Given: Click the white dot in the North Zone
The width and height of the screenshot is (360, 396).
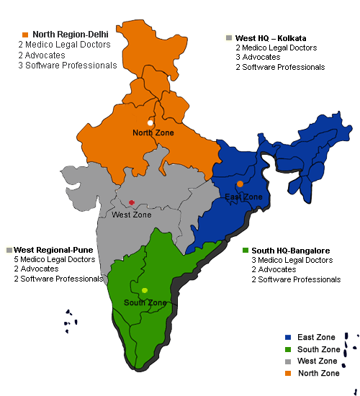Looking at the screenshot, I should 150,123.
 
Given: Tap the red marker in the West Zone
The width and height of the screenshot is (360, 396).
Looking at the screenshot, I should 131,202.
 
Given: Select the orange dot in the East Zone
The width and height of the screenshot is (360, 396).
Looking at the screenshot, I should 240,184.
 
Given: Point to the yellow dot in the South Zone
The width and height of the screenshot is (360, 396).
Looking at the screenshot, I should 145,290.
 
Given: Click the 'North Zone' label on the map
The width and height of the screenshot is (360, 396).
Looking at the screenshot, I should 153,132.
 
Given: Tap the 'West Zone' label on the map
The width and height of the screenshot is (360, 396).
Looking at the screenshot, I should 132,215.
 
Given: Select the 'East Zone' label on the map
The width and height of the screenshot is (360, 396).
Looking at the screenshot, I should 243,197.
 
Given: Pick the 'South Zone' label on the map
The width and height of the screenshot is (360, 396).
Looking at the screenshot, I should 145,302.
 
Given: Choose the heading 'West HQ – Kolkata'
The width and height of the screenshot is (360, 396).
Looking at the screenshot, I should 271,37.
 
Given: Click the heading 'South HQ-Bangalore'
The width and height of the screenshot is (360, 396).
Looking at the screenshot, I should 291,251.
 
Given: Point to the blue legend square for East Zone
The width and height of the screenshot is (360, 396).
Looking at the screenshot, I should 288,337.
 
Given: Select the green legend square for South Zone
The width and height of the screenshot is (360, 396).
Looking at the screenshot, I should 288,349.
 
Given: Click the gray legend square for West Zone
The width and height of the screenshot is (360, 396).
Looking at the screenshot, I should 288,361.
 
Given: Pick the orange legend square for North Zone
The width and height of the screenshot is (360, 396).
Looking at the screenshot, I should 288,373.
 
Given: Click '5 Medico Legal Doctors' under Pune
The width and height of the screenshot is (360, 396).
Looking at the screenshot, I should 54,259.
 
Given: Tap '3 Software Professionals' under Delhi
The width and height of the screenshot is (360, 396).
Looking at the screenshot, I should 68,66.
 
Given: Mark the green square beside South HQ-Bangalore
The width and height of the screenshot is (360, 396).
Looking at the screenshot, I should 246,251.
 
